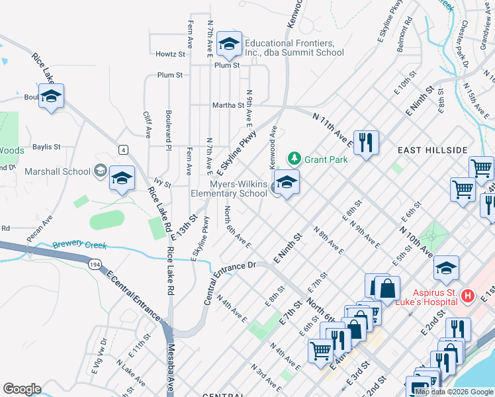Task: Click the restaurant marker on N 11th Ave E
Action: (x=365, y=142)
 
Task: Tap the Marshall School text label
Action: (x=58, y=171)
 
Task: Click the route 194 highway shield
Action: (x=96, y=263)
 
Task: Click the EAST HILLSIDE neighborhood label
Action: (x=433, y=151)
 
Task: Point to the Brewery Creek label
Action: (x=79, y=245)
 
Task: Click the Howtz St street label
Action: (x=170, y=54)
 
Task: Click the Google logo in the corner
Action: (x=22, y=389)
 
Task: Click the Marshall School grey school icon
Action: (x=100, y=171)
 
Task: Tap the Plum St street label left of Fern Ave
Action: (x=170, y=75)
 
